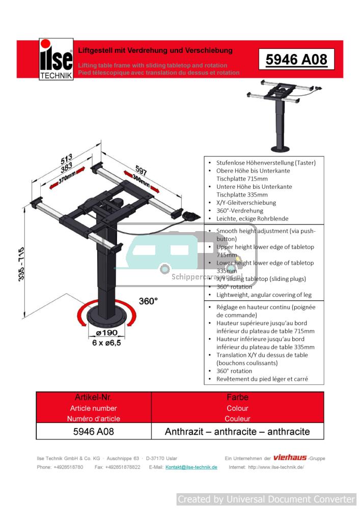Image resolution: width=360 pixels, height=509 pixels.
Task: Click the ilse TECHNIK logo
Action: coord(56,60)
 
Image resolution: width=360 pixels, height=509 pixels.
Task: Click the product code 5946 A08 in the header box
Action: coord(296,60)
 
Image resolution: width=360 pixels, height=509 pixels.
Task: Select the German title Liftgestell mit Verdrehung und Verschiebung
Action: coord(155,50)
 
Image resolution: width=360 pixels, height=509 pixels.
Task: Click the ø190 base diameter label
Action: coord(106,333)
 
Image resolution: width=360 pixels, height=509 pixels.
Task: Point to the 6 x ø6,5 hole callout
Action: coord(107,343)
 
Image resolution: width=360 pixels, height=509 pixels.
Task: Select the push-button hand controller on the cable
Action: coord(190,215)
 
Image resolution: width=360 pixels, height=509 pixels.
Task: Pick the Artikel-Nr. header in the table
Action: coord(93,397)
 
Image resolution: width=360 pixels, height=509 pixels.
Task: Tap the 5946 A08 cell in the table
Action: coord(93,432)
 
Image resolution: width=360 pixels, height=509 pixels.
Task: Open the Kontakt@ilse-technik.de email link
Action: coord(191,467)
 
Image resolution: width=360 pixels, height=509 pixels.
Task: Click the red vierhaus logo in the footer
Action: coord(290,458)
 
